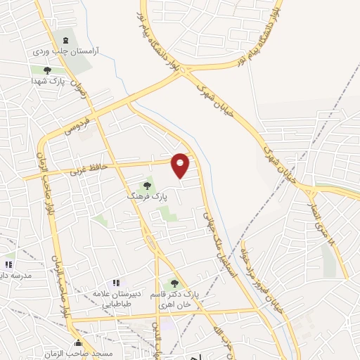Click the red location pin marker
click(181, 165)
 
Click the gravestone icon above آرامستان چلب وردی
click(67, 40)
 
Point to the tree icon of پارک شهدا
click(47, 70)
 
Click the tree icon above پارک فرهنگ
click(147, 186)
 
